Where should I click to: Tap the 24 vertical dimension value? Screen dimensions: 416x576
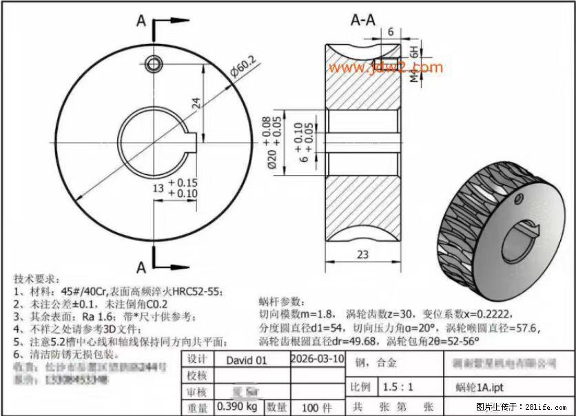[x=196, y=103]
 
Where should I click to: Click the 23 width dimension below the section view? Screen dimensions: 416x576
[x=361, y=253]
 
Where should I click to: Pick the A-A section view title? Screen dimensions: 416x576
[x=363, y=20]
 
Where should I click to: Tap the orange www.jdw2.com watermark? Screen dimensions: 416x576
[x=385, y=67]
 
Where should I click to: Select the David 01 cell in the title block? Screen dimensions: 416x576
[x=245, y=360]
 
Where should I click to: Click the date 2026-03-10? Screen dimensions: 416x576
[x=317, y=359]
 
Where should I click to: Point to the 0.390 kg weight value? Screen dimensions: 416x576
[x=238, y=407]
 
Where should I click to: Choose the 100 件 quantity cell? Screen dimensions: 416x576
[x=318, y=407]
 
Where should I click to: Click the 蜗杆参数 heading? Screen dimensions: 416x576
[x=280, y=301]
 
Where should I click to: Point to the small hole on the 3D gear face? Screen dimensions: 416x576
[x=518, y=199]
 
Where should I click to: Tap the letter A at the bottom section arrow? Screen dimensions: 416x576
[x=141, y=267]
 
